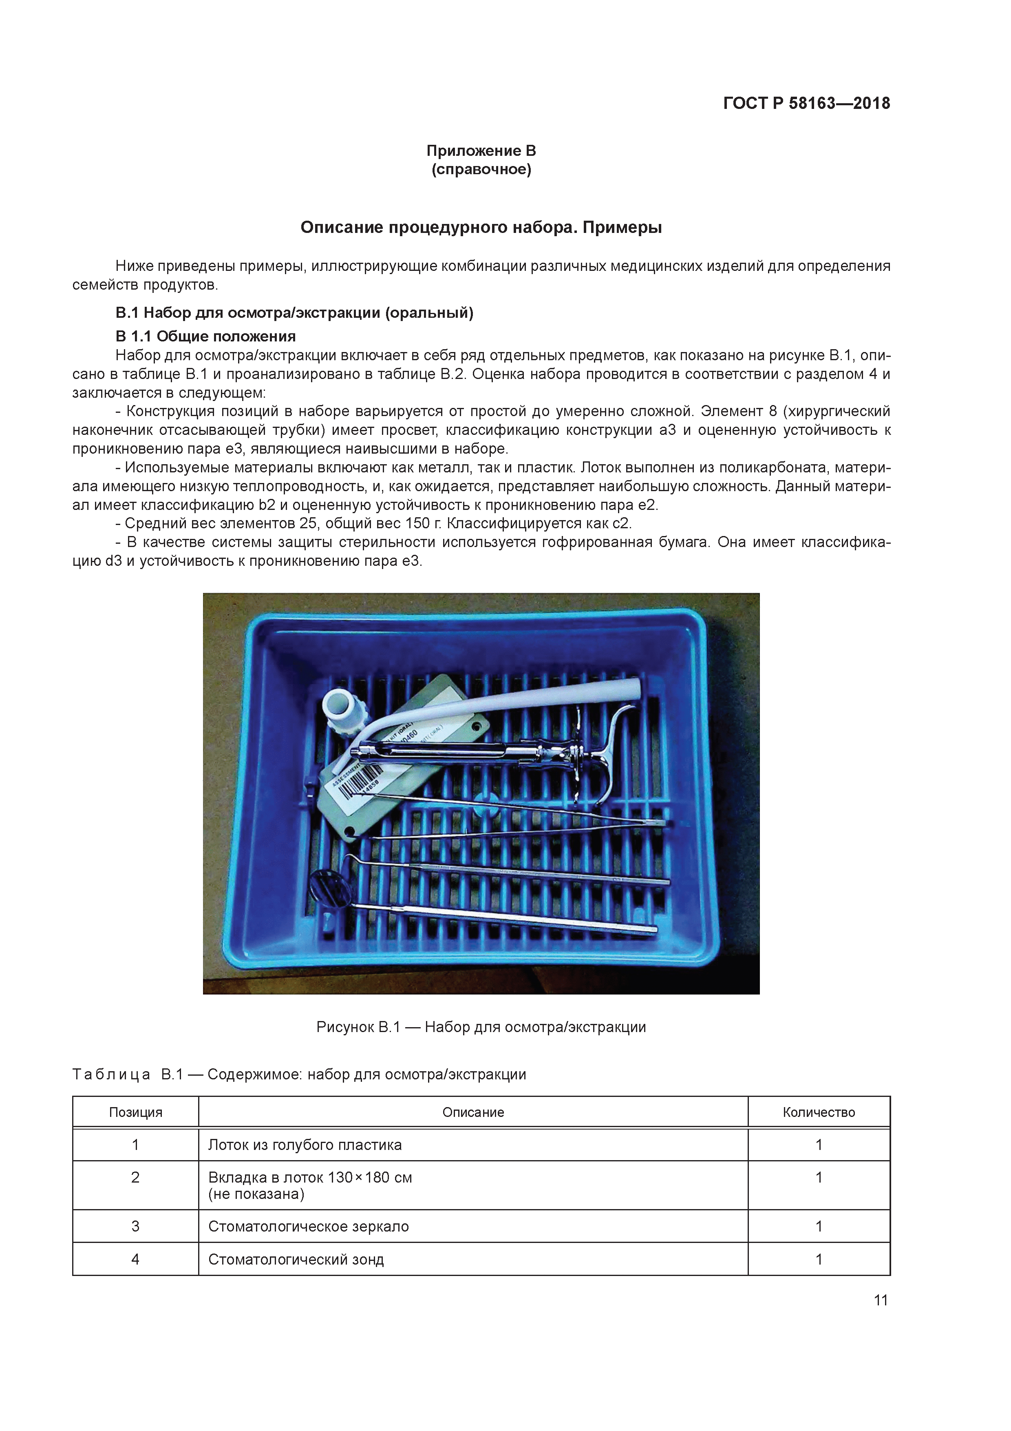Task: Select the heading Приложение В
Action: point(481,151)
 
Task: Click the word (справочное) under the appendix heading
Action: point(481,170)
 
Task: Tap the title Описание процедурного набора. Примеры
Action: point(481,228)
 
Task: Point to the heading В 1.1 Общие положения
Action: point(205,337)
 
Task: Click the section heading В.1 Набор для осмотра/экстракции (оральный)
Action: point(294,313)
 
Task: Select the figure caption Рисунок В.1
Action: point(481,1026)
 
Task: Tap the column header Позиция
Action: point(135,1112)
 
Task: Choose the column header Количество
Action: point(819,1112)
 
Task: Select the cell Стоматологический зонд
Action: point(296,1259)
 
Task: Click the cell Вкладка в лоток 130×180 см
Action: point(309,1177)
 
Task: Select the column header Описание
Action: point(473,1112)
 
